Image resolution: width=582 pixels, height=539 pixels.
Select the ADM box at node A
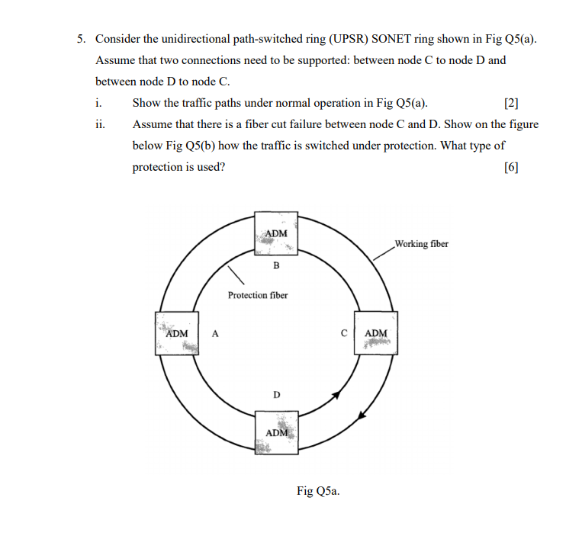(x=177, y=334)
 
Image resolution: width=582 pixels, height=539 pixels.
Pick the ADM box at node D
(x=276, y=432)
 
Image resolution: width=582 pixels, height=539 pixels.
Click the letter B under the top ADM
(x=276, y=265)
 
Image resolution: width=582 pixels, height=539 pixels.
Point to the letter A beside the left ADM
(x=215, y=333)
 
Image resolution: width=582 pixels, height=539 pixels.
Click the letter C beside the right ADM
(x=344, y=333)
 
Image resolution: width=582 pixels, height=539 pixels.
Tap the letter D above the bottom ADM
(x=276, y=394)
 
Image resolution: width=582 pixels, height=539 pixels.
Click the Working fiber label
(x=421, y=244)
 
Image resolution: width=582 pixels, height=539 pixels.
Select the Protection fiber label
(x=258, y=295)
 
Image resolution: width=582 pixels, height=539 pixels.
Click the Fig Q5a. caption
(x=318, y=491)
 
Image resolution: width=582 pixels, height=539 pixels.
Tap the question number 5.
(x=80, y=39)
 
